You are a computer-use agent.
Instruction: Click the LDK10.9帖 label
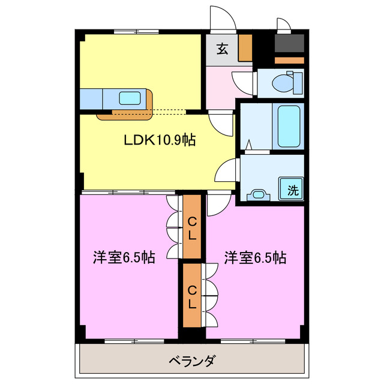coord(159,141)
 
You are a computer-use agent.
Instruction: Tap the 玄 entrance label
coord(222,50)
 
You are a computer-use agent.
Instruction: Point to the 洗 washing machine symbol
coord(292,191)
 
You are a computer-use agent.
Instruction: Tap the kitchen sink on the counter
coord(130,97)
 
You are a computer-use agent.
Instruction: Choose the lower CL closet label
coord(192,297)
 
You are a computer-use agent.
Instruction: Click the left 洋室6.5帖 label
coord(124,258)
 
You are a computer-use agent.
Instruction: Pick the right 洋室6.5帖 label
coord(255,258)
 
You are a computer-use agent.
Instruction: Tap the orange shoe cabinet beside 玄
coord(245,48)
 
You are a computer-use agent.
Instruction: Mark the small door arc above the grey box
coord(283,24)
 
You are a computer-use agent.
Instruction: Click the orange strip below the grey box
coord(290,61)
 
